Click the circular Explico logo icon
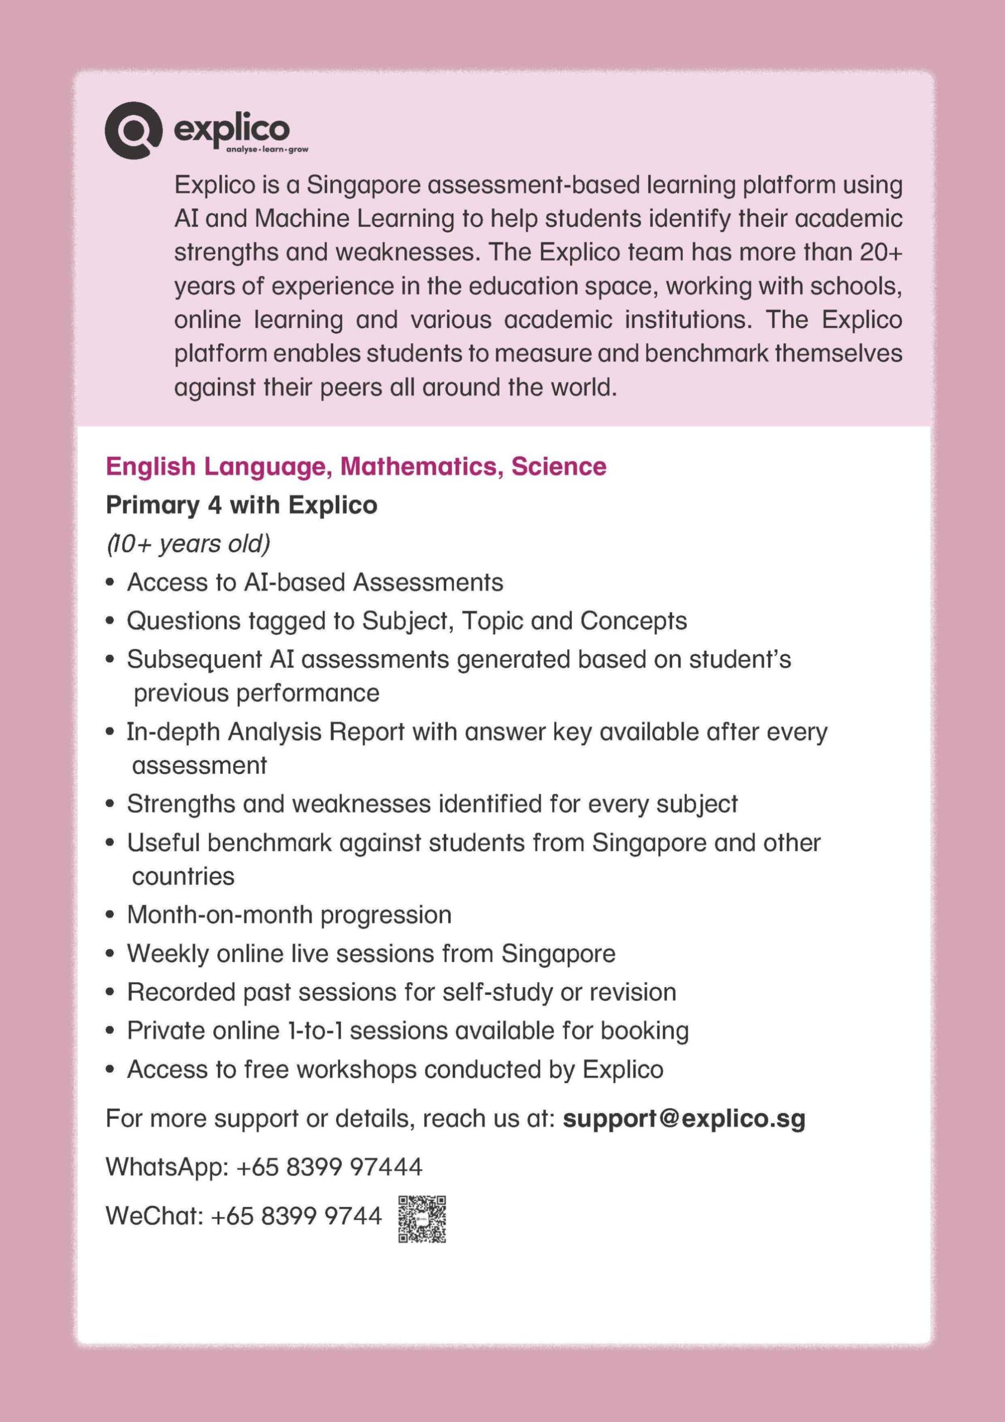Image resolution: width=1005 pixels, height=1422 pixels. pos(132,130)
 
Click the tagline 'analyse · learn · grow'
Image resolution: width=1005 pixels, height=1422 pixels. pos(267,150)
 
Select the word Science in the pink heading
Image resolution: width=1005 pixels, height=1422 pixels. pos(558,466)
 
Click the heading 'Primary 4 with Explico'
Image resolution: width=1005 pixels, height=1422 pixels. pos(242,505)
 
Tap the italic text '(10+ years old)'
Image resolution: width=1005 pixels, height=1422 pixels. pos(188,544)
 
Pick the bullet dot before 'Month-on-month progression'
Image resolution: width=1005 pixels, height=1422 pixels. pos(110,915)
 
